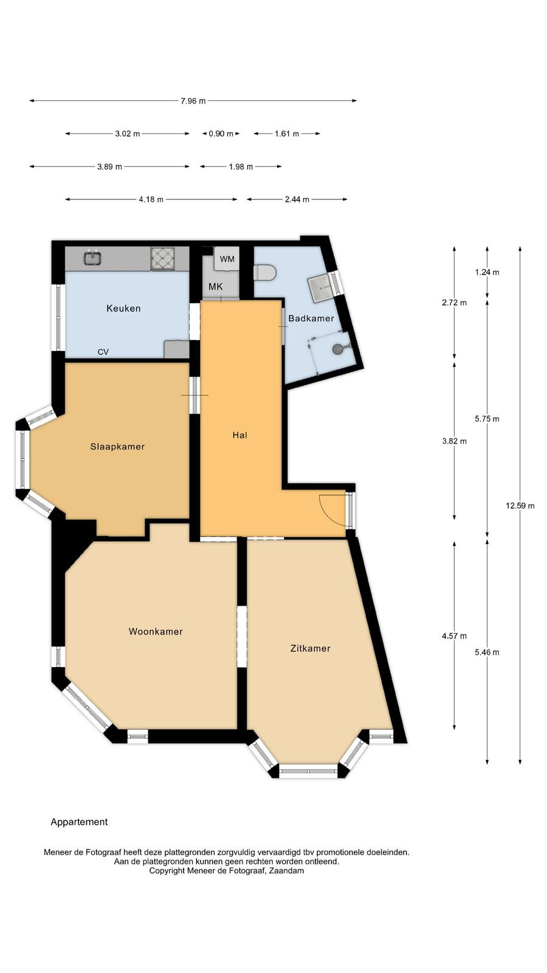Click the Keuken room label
pos(123,308)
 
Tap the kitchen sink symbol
pos(92,258)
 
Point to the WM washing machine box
pos(227,259)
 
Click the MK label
pos(215,286)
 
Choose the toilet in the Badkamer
pos(265,273)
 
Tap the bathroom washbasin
pos(322,288)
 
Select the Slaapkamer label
pos(117,446)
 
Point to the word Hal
pos(239,435)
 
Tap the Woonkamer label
pos(156,632)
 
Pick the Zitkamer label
pos(311,648)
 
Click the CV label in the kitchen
pos(103,352)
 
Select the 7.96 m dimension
pos(193,101)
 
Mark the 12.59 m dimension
pos(520,505)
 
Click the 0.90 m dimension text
pos(221,134)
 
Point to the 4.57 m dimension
pos(455,636)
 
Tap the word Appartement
pos(79,822)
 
